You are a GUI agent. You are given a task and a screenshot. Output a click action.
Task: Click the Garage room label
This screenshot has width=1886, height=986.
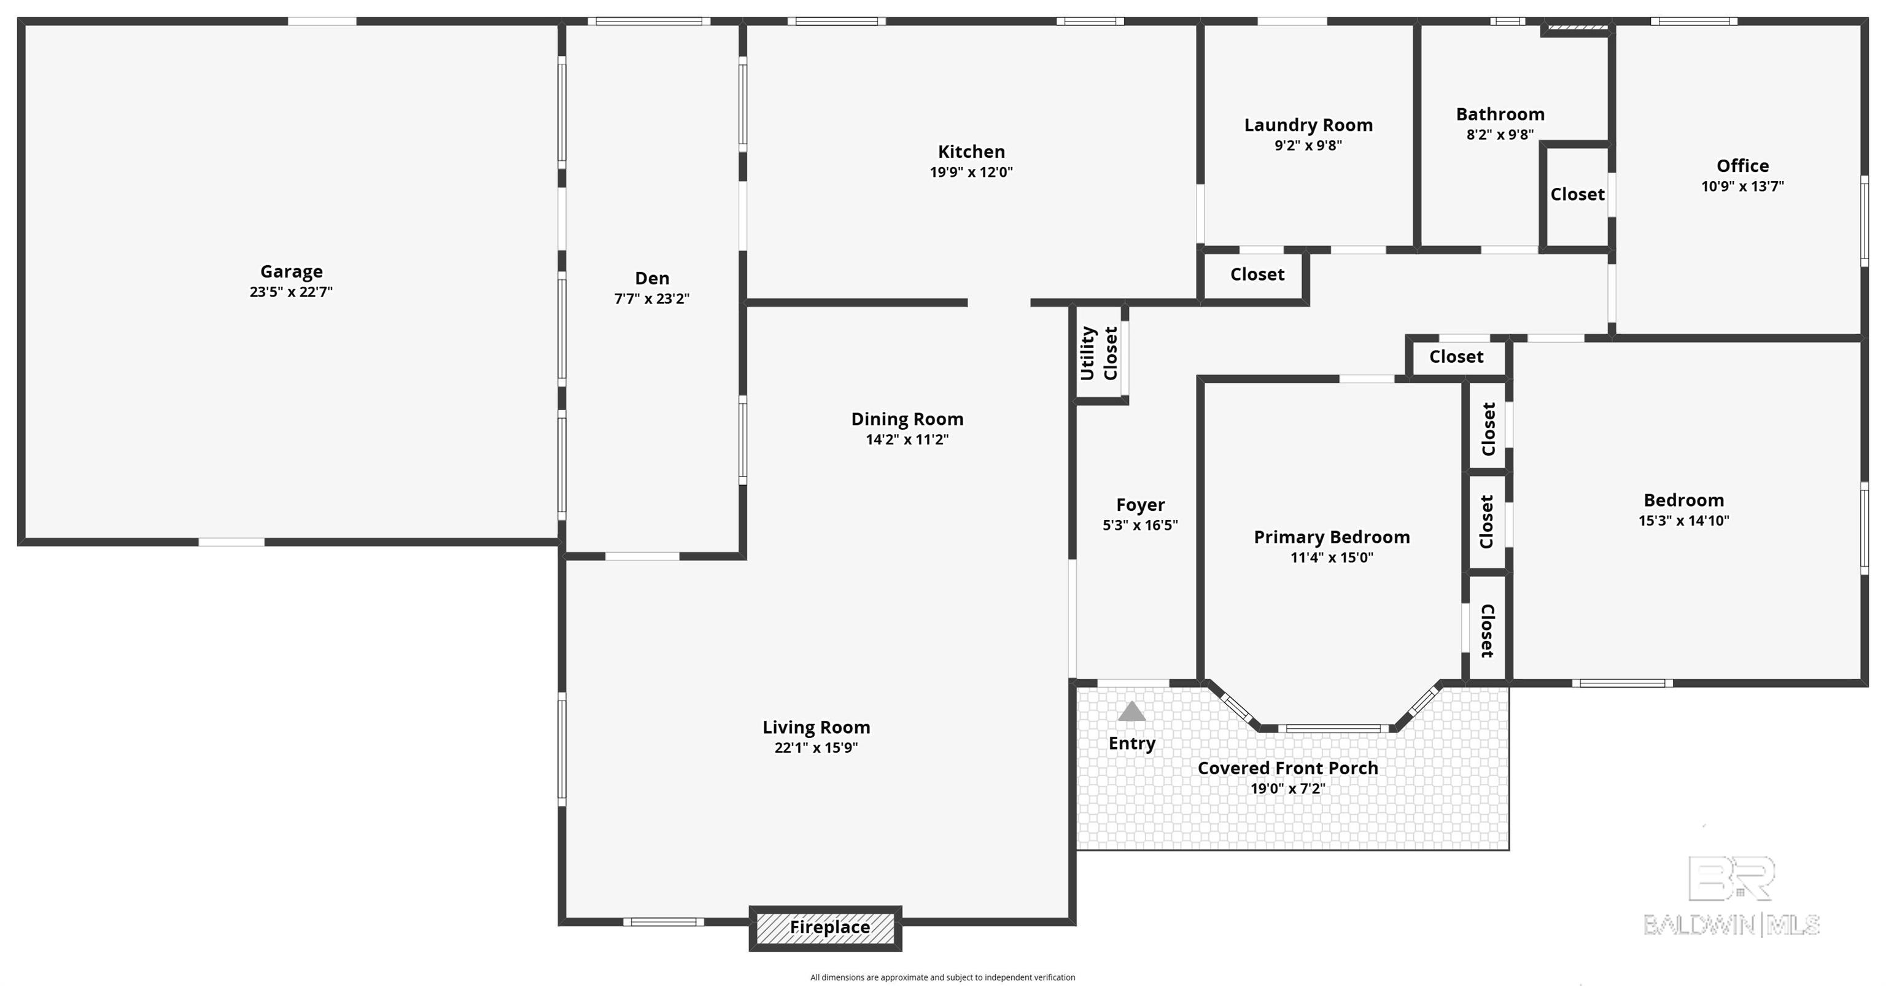292,271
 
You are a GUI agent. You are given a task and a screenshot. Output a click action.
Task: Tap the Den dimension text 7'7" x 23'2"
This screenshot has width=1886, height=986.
651,298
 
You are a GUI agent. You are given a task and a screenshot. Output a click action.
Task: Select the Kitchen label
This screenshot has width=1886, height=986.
972,152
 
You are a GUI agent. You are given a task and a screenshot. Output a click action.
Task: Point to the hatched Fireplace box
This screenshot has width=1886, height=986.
825,928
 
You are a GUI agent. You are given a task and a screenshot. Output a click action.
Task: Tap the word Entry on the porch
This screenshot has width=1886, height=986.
1132,743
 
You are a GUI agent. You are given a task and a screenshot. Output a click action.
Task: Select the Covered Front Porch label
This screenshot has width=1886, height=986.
1288,768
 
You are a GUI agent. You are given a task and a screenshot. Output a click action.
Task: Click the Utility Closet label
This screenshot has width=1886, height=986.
1099,354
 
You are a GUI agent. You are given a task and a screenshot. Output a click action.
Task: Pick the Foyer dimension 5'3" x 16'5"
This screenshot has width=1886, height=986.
1140,525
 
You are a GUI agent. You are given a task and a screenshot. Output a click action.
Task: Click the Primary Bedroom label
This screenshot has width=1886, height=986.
1332,537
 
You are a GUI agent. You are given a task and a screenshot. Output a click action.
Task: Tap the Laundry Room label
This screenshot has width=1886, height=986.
1308,125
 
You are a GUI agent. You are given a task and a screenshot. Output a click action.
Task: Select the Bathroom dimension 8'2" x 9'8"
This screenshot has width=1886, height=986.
1500,134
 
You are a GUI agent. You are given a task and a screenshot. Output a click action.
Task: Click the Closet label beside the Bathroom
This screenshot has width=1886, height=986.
1577,195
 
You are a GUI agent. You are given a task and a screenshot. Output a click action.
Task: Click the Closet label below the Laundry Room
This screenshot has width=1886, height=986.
1257,274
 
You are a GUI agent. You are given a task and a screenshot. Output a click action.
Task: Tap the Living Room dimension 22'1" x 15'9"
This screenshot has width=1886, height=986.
817,747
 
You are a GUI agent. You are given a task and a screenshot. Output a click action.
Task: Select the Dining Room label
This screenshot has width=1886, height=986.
907,419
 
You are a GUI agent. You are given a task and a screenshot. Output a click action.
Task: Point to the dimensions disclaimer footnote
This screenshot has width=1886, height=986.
942,977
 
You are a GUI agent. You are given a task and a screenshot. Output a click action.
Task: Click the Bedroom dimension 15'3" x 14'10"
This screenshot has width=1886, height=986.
1684,521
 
